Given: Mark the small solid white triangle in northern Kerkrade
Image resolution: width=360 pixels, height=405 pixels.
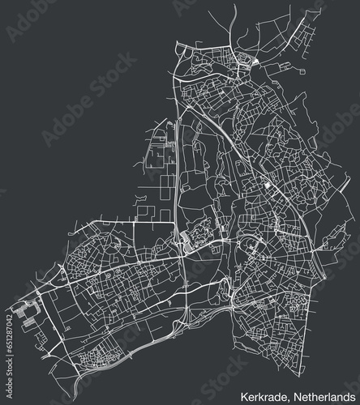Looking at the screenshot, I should (255, 62).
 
